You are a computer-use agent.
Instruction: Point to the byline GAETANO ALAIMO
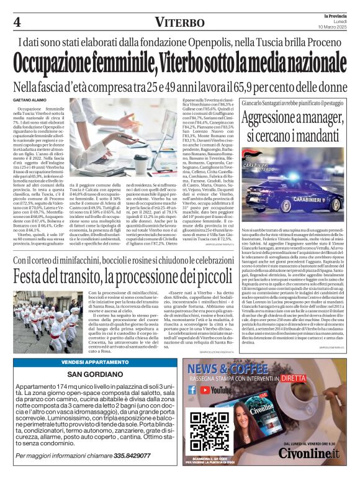[31, 100]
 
